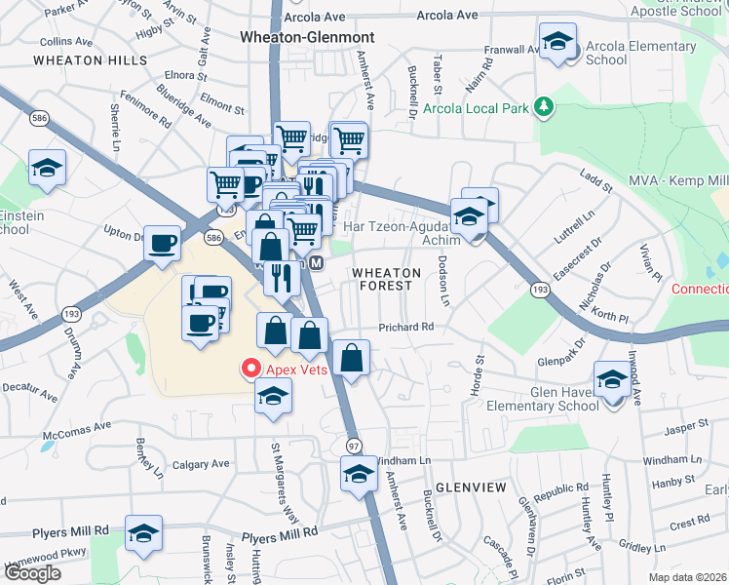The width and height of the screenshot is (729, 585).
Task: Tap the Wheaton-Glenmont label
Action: click(306, 36)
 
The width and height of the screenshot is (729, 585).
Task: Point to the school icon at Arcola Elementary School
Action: click(557, 43)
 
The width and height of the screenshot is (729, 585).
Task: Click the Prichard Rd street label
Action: click(406, 328)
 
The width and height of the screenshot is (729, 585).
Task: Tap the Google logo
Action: click(32, 573)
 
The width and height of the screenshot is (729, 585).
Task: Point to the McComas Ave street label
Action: click(76, 431)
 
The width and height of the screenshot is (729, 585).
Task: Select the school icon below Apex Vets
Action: click(274, 395)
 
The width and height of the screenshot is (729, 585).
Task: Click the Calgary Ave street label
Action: click(202, 464)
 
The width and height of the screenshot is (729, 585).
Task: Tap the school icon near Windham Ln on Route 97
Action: click(359, 475)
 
